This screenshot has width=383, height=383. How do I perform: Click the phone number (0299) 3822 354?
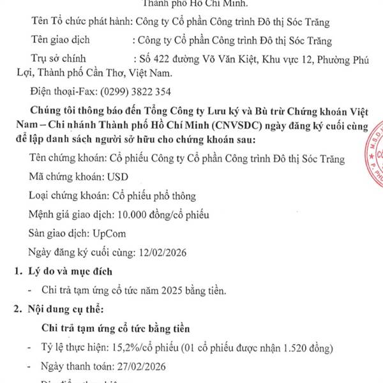click(136, 91)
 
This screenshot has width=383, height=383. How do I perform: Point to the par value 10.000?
click(128, 214)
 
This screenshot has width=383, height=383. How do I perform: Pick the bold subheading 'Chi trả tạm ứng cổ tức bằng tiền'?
click(115, 329)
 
